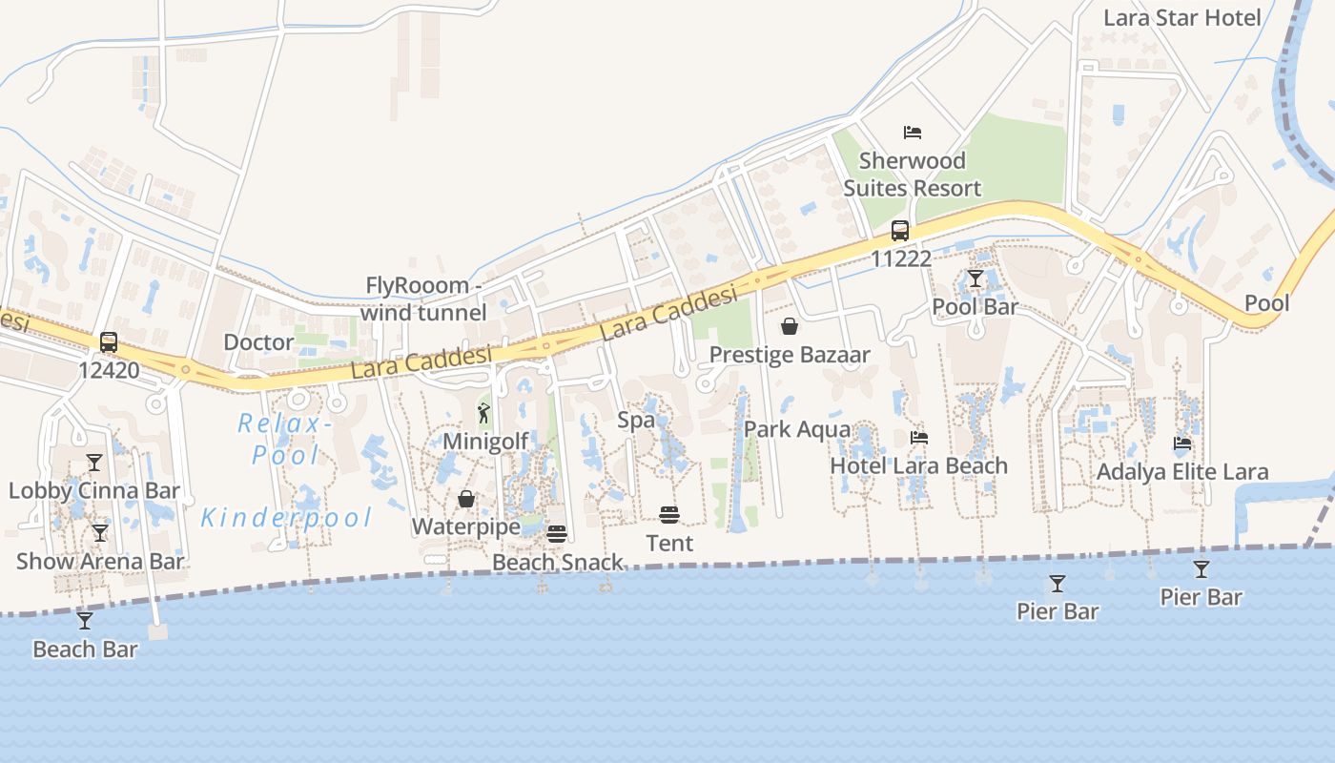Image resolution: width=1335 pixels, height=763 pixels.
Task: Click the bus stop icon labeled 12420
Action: click(x=109, y=341)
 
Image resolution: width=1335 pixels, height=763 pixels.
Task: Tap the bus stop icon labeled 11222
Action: click(x=900, y=230)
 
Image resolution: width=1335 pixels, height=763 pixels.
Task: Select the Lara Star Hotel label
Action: click(x=1181, y=17)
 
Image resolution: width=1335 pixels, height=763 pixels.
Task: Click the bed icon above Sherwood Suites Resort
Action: click(x=913, y=132)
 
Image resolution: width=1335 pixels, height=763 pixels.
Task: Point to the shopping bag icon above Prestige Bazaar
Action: click(x=790, y=326)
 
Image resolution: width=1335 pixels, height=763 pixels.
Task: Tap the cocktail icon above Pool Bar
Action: click(x=975, y=278)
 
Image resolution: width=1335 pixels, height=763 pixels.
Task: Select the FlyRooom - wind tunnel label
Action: click(x=422, y=299)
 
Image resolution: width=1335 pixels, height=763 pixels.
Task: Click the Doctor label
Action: click(x=258, y=341)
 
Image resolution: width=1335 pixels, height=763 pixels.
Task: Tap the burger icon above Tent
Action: click(x=669, y=515)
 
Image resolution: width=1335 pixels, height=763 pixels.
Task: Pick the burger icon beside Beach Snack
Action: click(x=557, y=533)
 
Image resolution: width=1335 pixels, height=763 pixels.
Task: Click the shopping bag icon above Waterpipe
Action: click(x=466, y=499)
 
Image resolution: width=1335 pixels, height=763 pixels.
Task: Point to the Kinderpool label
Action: click(x=286, y=518)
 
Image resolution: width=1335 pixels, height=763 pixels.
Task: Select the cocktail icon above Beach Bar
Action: click(x=85, y=621)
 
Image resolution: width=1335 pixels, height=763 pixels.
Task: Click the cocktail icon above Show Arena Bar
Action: click(x=100, y=533)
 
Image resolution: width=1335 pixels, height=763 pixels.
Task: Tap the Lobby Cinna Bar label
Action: click(x=94, y=490)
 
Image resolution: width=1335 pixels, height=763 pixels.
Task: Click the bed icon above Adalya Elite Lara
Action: click(x=1182, y=443)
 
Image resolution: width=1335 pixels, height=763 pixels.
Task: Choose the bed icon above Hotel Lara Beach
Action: click(x=919, y=438)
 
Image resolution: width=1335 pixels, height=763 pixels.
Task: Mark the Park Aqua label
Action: click(x=797, y=429)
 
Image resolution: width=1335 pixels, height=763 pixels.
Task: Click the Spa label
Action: click(x=636, y=420)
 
